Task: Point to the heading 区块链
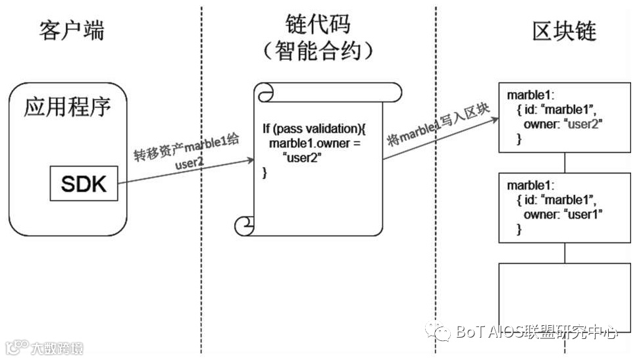(x=565, y=30)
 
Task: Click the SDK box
(x=84, y=184)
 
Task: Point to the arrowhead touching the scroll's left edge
(x=250, y=160)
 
